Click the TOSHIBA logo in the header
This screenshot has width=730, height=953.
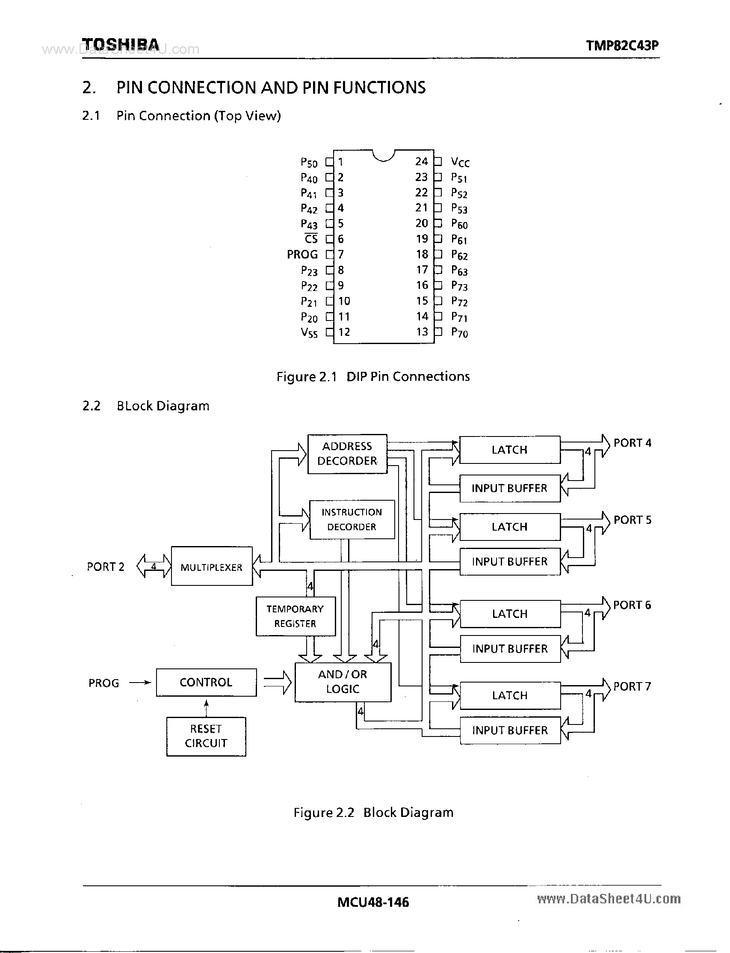click(121, 45)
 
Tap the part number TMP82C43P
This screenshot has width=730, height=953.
click(622, 46)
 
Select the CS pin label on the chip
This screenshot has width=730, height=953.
click(311, 239)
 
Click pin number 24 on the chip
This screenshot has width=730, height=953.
click(421, 162)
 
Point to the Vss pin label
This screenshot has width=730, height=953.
click(309, 333)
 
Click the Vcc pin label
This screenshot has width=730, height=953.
click(460, 163)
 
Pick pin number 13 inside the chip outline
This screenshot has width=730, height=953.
click(422, 332)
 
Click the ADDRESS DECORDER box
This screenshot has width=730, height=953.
click(347, 454)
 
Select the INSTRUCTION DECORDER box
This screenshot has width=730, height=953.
click(352, 519)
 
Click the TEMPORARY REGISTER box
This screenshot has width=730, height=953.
click(296, 616)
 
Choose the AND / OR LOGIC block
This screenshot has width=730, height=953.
click(343, 682)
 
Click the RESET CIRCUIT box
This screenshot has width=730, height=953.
click(206, 736)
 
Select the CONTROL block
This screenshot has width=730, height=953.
click(206, 682)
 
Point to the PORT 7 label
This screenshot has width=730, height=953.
click(632, 686)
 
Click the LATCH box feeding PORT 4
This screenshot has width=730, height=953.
click(510, 450)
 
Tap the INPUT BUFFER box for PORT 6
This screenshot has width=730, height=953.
click(510, 649)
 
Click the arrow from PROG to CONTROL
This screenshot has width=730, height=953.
click(140, 683)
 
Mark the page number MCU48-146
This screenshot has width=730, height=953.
click(373, 902)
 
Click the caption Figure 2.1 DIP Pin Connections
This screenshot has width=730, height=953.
click(373, 376)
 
